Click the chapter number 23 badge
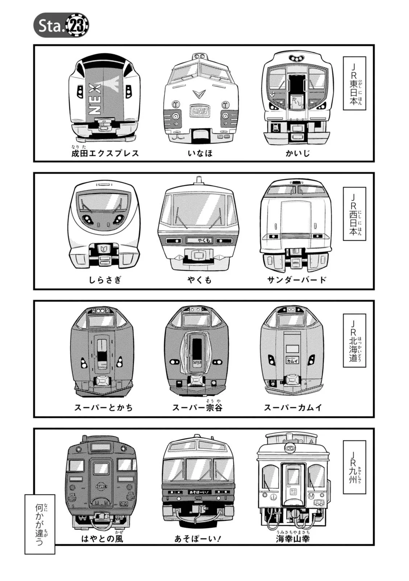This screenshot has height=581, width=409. point(77,25)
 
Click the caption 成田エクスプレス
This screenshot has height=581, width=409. point(105,153)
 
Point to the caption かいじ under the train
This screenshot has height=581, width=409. point(297,153)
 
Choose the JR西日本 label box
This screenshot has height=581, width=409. point(354,214)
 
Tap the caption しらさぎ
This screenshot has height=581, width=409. point(105,280)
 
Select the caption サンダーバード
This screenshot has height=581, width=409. point(297,280)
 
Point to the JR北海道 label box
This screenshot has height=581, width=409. point(354,341)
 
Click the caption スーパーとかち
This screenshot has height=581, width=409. point(104,407)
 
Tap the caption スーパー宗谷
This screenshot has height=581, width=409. point(197,407)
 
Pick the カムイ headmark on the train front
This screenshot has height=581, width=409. point(292,361)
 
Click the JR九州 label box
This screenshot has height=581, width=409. point(354,467)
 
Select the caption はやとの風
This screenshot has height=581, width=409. point(102,539)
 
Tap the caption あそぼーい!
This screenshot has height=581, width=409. point(198,539)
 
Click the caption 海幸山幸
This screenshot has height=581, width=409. point(293,539)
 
